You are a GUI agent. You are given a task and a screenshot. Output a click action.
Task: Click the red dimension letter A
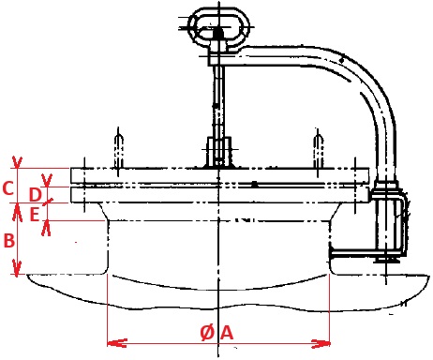point(227,333)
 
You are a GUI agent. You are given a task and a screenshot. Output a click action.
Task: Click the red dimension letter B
point(8,241)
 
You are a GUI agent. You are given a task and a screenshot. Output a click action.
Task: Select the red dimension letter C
point(7,188)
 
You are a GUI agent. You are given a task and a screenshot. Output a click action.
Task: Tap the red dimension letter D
point(36,195)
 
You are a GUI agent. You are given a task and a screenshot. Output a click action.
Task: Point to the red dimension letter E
point(34,215)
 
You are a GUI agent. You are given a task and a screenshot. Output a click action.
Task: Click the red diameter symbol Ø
point(208,333)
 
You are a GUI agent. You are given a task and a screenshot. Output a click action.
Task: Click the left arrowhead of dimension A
point(117,343)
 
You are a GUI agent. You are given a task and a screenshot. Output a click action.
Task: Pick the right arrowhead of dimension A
point(321,344)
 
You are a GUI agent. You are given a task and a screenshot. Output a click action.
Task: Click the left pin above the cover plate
point(118,152)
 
